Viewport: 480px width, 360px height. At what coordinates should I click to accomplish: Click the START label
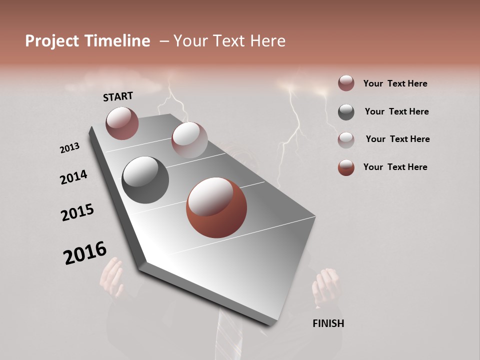click(118, 96)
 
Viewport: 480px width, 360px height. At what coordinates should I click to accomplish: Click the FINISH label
click(328, 323)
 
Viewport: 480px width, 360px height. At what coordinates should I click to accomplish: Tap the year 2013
click(69, 148)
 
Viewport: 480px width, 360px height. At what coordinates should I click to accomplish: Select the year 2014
click(73, 177)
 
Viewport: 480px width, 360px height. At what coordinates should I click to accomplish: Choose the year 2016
click(85, 253)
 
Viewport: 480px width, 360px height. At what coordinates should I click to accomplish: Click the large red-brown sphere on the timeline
click(216, 207)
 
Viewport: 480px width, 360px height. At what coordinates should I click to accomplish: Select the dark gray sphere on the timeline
click(145, 180)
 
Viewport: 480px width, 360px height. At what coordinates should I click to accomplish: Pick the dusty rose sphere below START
click(122, 123)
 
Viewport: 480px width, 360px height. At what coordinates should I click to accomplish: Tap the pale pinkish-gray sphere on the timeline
click(189, 140)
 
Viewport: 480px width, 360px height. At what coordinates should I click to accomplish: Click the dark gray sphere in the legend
click(346, 112)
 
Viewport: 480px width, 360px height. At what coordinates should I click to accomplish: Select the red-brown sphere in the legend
click(346, 167)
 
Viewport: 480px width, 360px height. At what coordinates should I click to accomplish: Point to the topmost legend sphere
click(346, 83)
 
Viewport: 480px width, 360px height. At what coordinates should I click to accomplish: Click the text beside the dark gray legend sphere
click(396, 111)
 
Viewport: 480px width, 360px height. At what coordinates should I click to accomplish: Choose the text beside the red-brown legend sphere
click(395, 167)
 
